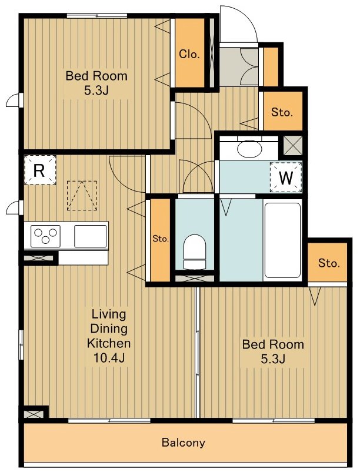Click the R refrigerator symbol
pyautogui.click(x=40, y=170)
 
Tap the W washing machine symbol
pyautogui.click(x=286, y=177)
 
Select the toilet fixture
pyautogui.click(x=195, y=252)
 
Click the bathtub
pyautogui.click(x=282, y=240)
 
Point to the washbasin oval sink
pyautogui.click(x=249, y=149)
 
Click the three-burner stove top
pyautogui.click(x=45, y=236)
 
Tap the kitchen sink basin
pyautogui.click(x=91, y=236)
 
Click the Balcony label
pyautogui.click(x=183, y=443)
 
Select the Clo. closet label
pyautogui.click(x=189, y=54)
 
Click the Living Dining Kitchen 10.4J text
pyautogui.click(x=109, y=336)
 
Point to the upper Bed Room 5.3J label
pyautogui.click(x=96, y=83)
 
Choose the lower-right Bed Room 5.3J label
pyautogui.click(x=273, y=351)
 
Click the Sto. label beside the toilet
pyautogui.click(x=161, y=239)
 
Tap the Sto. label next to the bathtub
pyautogui.click(x=329, y=263)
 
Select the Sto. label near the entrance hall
pyautogui.click(x=282, y=112)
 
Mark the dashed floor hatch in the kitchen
pyautogui.click(x=82, y=196)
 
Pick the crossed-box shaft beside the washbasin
pyautogui.click(x=292, y=145)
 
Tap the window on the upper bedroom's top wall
pyautogui.click(x=97, y=16)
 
